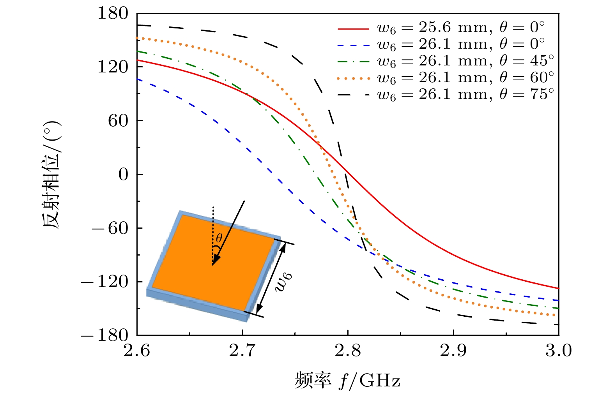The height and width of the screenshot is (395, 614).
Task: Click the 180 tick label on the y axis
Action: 113,14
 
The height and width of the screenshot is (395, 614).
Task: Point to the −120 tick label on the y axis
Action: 104,282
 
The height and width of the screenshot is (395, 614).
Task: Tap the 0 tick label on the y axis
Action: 123,175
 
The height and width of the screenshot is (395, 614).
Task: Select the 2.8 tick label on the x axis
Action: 348,351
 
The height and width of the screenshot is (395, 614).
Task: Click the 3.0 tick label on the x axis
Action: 558,351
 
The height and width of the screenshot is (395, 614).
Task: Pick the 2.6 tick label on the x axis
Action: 137,351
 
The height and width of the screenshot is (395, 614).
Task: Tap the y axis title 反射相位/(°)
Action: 52,175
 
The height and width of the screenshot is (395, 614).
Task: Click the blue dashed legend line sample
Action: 353,45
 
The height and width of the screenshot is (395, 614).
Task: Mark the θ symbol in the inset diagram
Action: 219,238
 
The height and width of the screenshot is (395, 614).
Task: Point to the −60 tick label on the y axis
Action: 110,228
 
